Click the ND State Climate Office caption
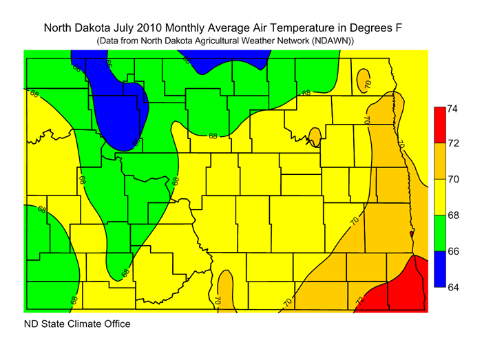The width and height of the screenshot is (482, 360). [x=76, y=324]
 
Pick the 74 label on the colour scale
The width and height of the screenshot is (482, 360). [x=452, y=108]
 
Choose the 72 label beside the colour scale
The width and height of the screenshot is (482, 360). [x=452, y=144]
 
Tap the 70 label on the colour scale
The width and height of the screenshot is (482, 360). [x=452, y=180]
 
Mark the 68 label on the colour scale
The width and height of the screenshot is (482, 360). [x=452, y=215]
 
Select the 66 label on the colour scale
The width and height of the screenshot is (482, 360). [x=452, y=251]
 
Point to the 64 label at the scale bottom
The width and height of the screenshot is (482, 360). [x=452, y=287]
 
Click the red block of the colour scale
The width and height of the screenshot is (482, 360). [x=439, y=126]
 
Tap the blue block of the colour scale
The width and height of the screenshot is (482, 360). [x=439, y=269]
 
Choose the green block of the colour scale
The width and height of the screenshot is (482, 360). [x=439, y=233]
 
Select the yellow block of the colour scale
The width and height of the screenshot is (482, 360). [x=439, y=198]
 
